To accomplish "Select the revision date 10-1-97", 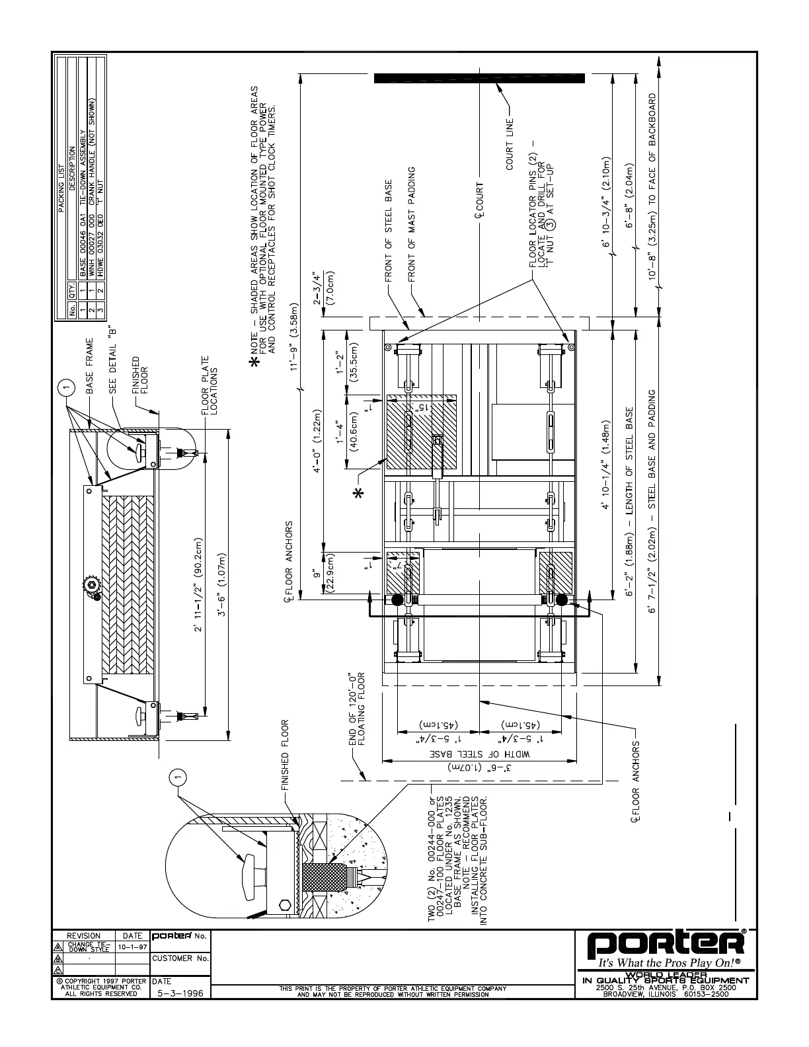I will pyautogui.click(x=132, y=947).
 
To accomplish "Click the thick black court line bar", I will pyautogui.click(x=479, y=78).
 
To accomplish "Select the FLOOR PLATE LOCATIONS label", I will pyautogui.click(x=210, y=387).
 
